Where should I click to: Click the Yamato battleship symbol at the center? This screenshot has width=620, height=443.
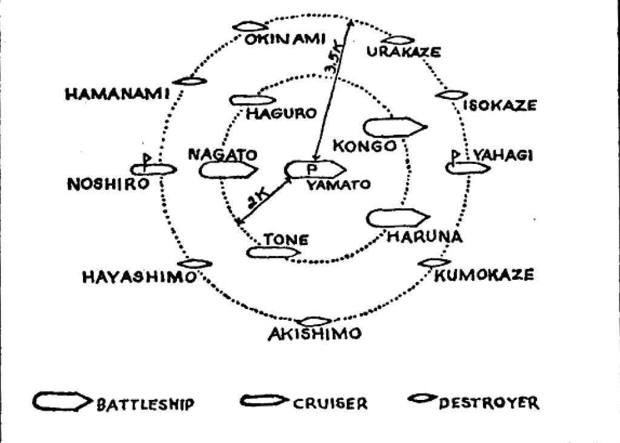pos(315,169)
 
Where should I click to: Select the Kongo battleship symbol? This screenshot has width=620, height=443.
pos(394,127)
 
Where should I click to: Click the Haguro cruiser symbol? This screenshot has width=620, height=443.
pos(253,100)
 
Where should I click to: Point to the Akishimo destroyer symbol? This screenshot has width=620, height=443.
pos(316,321)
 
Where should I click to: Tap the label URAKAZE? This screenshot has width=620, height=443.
pos(404,53)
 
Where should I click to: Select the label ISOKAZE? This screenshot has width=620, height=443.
pos(499,106)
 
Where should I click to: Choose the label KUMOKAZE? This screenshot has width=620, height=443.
pos(485,276)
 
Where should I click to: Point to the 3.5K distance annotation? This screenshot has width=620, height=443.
pos(334,58)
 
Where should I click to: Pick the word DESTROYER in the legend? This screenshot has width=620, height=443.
pos(491,402)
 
